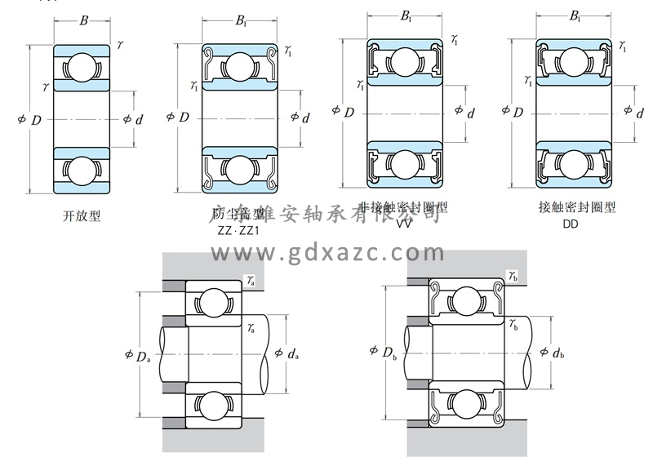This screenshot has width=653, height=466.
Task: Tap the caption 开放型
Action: tap(82, 216)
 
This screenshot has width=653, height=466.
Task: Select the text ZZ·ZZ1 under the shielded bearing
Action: tap(238, 230)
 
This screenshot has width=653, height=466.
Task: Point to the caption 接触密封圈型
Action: tap(577, 207)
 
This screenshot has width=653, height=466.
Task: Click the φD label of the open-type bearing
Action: tap(29, 120)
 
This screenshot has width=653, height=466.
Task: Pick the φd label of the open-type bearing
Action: tap(132, 120)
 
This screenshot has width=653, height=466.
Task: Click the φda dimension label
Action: tap(287, 353)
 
